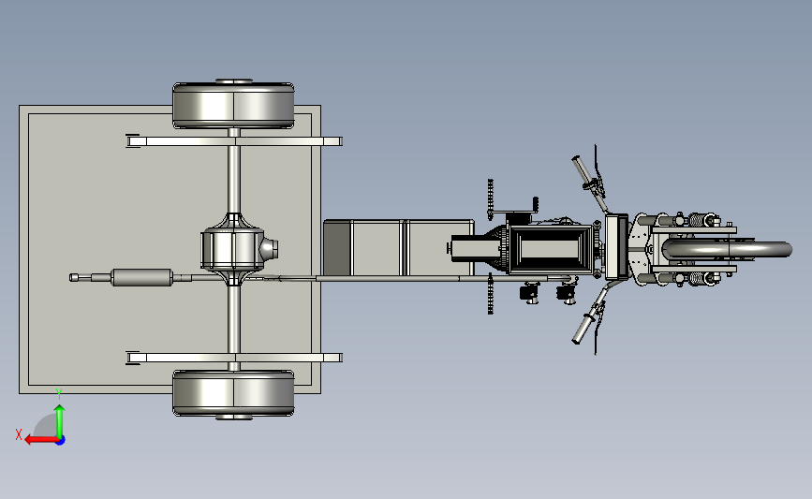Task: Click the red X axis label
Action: [19, 434]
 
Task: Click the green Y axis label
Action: [59, 394]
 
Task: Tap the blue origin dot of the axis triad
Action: [61, 440]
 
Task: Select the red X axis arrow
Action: [41, 440]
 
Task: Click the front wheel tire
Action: [728, 249]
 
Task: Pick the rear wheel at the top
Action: [233, 105]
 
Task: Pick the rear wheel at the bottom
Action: [233, 393]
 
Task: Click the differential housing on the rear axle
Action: [232, 249]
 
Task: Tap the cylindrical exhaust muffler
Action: [142, 277]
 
